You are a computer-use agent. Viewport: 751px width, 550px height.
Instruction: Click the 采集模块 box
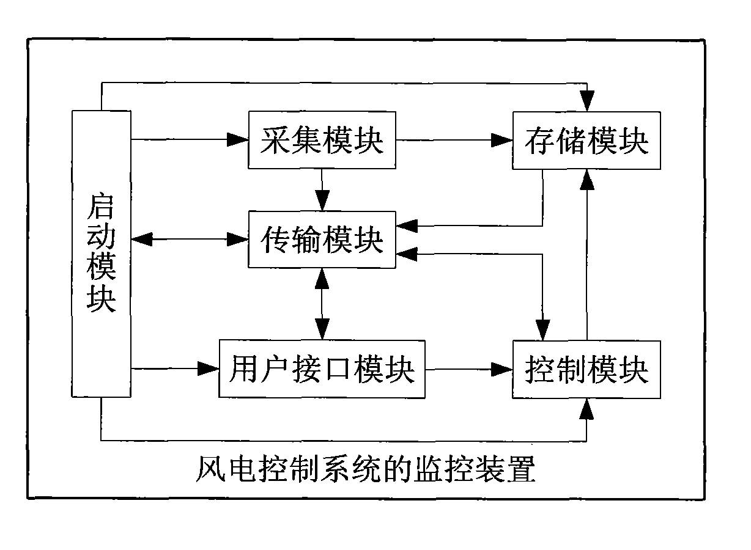click(x=322, y=140)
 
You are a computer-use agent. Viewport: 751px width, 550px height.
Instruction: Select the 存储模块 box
click(x=586, y=140)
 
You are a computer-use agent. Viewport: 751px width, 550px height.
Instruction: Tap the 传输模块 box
click(x=322, y=238)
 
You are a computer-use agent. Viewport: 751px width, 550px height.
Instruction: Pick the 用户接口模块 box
click(x=322, y=369)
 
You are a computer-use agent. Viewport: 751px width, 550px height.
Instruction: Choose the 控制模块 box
click(x=586, y=369)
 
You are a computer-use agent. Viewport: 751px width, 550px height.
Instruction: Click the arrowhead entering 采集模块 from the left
click(x=238, y=140)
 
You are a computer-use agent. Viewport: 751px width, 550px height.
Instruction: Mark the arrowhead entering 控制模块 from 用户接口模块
click(x=503, y=369)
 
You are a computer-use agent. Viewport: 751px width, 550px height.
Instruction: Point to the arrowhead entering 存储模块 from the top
click(x=587, y=100)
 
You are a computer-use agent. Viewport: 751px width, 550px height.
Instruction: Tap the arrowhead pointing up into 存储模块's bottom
click(x=587, y=179)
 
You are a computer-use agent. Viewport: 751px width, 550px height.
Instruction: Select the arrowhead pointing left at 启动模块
click(x=141, y=239)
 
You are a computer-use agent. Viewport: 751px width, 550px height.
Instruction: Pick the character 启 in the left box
click(x=101, y=205)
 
